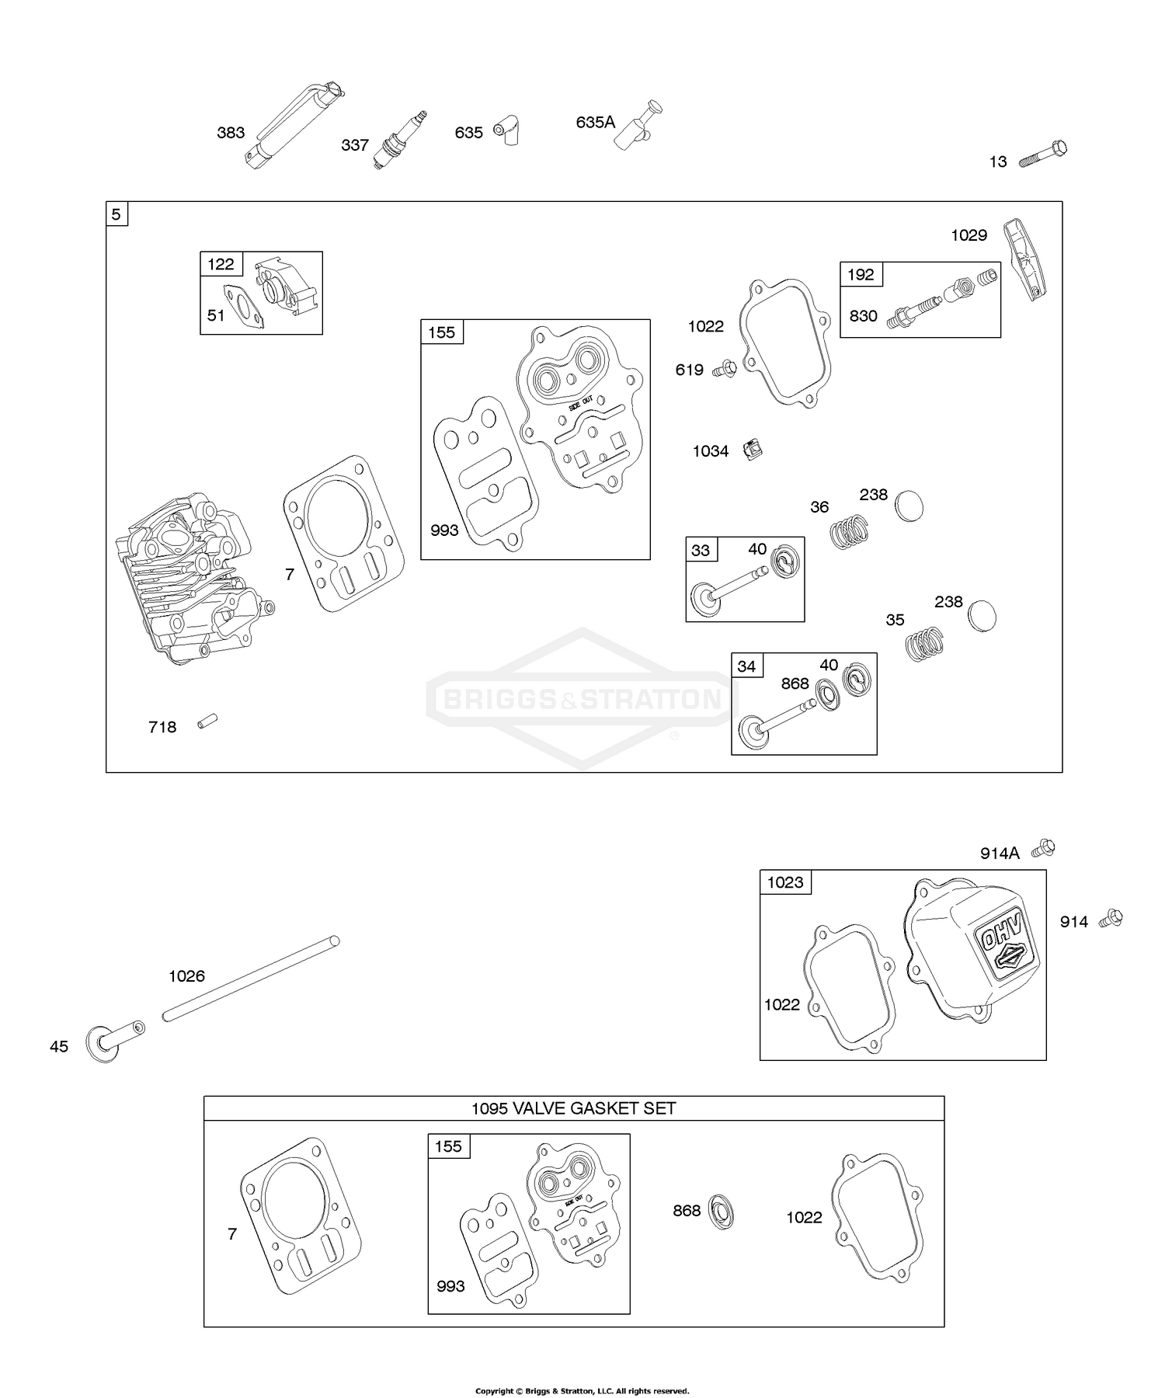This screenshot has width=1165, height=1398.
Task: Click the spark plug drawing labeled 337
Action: click(400, 139)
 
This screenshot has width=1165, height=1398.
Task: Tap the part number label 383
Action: click(231, 133)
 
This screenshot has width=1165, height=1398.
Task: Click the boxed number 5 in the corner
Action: click(116, 214)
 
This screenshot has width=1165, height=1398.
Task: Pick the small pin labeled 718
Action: click(207, 721)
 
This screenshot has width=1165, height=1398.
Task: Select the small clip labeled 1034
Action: click(752, 449)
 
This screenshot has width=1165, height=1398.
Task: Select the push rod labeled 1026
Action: click(251, 979)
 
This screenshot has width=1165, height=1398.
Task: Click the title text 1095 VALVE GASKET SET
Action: click(573, 1108)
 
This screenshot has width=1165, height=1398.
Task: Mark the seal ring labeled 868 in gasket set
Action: click(722, 1212)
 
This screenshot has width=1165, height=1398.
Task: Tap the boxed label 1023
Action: click(785, 882)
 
